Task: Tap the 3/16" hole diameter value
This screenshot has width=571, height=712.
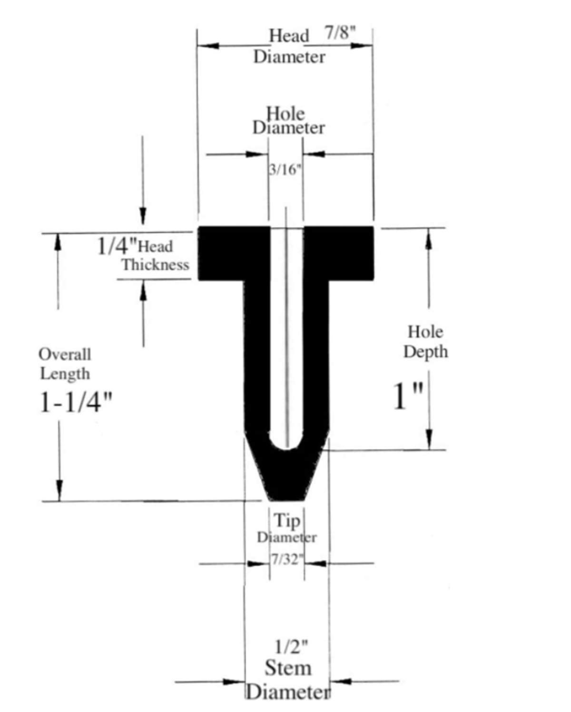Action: pos(285,170)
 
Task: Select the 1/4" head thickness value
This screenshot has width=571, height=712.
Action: pos(117,246)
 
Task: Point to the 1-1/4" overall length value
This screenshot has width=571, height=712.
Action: pos(76,402)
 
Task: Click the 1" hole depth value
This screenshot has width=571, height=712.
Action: pos(408,396)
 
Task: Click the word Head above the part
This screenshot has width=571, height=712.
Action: pos(289,35)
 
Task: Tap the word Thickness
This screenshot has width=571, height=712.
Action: pos(156,265)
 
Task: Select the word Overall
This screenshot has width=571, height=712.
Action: pos(65,354)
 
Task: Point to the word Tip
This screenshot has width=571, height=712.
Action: pos(287,521)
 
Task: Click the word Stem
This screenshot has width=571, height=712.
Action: pos(288,668)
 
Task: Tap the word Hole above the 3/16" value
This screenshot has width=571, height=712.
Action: pos(285,114)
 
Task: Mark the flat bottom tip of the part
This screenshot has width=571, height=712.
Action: pos(286,500)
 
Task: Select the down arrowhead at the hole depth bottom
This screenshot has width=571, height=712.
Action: pos(429,439)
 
